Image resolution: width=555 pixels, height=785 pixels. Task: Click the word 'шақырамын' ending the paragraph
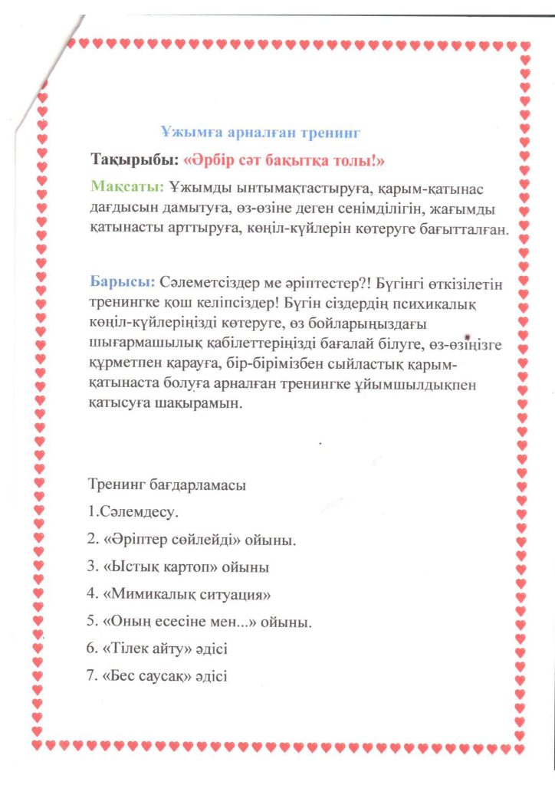208,404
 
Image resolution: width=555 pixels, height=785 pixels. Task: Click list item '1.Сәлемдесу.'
133,510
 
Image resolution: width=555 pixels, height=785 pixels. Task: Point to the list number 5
92,622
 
